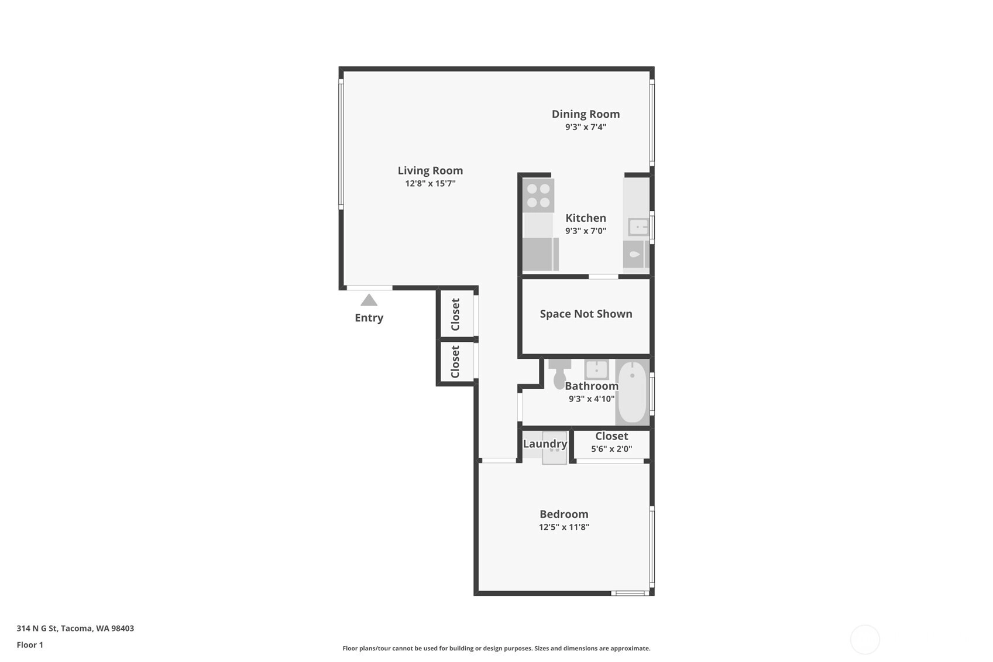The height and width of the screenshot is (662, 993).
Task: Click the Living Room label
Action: (430, 171)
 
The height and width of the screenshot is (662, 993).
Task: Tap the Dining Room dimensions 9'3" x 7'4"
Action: (586, 127)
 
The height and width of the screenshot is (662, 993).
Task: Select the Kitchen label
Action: (586, 218)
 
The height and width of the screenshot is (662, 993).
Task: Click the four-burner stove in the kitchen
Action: (538, 195)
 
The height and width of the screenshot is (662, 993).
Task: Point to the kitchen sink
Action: (639, 228)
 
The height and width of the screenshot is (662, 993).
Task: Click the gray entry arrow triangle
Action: (369, 300)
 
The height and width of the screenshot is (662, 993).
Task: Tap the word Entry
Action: (369, 318)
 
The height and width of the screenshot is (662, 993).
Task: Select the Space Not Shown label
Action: (586, 314)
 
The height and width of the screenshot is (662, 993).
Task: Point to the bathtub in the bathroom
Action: (632, 392)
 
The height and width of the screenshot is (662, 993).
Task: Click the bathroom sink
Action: (596, 369)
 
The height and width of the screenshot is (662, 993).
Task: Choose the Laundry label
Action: (545, 444)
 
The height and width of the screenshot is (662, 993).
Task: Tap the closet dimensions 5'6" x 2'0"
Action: (611, 449)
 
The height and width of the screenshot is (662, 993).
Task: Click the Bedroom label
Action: (564, 514)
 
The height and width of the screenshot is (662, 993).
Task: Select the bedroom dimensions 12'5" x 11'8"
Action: (564, 527)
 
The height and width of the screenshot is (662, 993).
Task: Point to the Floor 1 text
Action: (30, 645)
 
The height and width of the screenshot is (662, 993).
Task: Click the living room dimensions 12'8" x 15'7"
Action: (430, 184)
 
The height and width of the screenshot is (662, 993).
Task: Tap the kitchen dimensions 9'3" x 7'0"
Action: (586, 231)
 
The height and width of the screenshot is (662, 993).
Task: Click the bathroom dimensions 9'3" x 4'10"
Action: (592, 399)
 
